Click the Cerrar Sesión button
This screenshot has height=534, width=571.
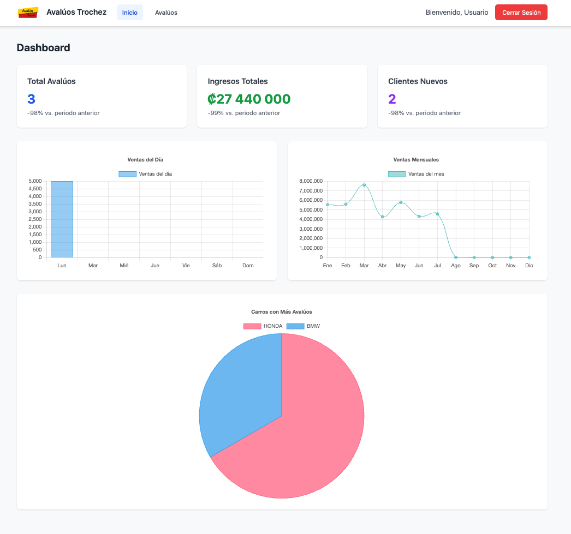click(521, 13)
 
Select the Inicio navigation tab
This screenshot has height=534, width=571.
click(129, 13)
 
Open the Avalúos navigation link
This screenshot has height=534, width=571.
click(166, 13)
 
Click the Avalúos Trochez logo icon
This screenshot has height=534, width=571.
click(28, 12)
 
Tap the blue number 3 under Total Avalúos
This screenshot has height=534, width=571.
click(31, 99)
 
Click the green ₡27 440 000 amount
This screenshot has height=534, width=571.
click(249, 99)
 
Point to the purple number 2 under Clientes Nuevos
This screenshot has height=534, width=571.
click(392, 99)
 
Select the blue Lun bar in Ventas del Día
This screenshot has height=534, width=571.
click(62, 219)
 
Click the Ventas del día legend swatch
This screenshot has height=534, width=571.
click(127, 174)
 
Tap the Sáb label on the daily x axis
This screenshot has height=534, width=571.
click(217, 266)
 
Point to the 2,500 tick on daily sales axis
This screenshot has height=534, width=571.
click(35, 219)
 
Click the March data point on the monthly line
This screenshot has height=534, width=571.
click(364, 185)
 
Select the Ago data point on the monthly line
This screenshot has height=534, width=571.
click(456, 257)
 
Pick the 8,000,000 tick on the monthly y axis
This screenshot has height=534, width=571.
click(311, 181)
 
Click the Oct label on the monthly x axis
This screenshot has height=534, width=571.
click(492, 266)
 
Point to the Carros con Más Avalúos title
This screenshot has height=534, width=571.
click(282, 312)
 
